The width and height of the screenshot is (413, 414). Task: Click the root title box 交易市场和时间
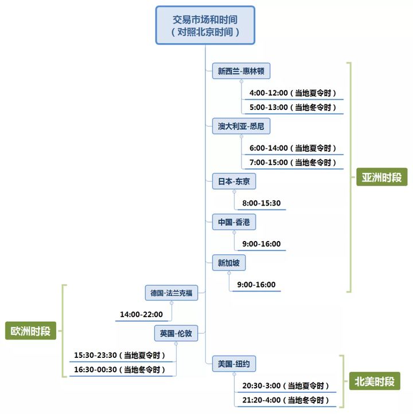point(205,25)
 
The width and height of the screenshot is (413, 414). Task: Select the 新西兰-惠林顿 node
point(240,71)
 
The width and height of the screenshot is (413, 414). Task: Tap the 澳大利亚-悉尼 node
point(241,126)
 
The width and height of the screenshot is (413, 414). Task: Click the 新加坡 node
point(228,263)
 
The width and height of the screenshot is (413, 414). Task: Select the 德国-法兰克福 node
point(171,293)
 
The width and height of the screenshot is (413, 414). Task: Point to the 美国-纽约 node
point(233,364)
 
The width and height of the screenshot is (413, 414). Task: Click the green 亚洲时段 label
point(381,177)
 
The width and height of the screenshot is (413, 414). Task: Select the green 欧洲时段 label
point(30,331)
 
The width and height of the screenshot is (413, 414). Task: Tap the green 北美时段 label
point(375,381)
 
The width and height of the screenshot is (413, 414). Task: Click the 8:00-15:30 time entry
point(261,203)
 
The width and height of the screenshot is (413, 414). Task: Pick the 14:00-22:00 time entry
point(141,314)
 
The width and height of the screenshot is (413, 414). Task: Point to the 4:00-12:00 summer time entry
point(293,93)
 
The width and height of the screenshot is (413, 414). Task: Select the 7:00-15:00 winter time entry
point(293,163)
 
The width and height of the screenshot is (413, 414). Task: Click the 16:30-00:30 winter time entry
point(123,370)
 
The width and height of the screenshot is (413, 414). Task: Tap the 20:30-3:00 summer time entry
point(286,385)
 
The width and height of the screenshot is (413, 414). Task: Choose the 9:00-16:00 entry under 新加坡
point(256,285)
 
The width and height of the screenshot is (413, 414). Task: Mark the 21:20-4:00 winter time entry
point(286,400)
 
